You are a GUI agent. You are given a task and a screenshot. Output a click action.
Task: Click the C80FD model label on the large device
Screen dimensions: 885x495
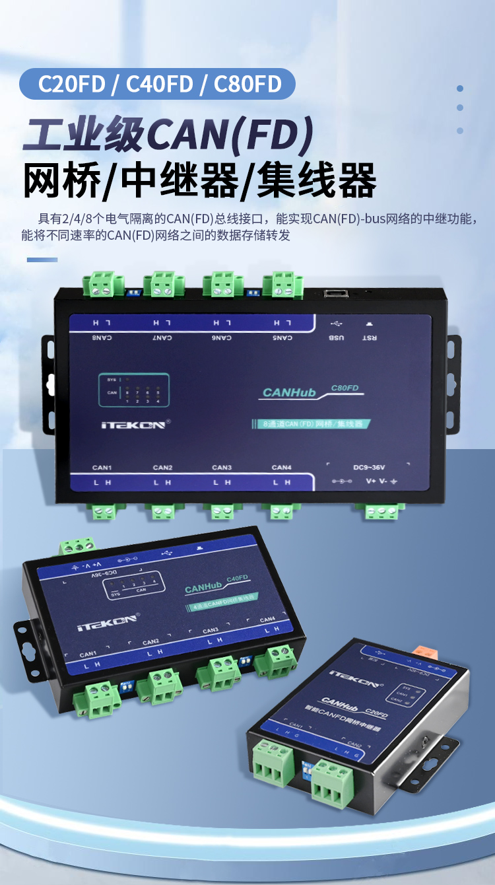(x=345, y=388)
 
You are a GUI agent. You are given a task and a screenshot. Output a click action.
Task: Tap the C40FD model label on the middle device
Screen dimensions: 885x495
(x=237, y=579)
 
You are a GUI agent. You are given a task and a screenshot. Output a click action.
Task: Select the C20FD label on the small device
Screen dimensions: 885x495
(x=376, y=715)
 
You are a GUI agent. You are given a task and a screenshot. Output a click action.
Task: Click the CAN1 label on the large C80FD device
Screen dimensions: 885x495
(x=102, y=468)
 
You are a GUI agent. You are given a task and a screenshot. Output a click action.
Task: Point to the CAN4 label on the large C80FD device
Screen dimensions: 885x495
(x=281, y=468)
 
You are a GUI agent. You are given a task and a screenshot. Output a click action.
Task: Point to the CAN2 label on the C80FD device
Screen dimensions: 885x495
(x=162, y=468)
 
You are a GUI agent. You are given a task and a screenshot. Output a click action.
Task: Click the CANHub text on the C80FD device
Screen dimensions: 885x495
(x=289, y=393)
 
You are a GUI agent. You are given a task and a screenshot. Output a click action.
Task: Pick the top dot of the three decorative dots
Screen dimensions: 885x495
(x=460, y=88)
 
